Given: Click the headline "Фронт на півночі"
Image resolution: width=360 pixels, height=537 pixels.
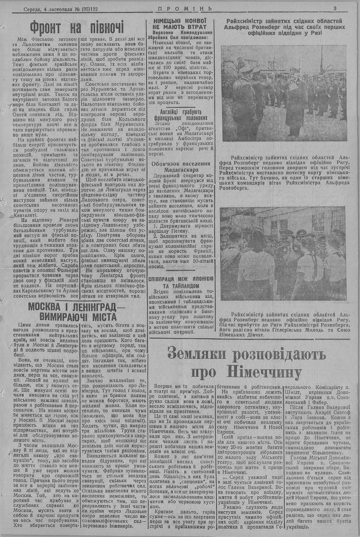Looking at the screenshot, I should pyautogui.click(x=77, y=27).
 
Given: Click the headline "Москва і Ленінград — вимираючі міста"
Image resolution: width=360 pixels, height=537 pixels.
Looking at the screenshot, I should pyautogui.click(x=77, y=312).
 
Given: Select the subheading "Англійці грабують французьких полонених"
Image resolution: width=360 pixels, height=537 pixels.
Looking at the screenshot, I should pyautogui.click(x=180, y=114).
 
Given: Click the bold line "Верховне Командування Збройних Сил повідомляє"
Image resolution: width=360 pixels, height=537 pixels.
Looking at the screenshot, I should pyautogui.click(x=180, y=35).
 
